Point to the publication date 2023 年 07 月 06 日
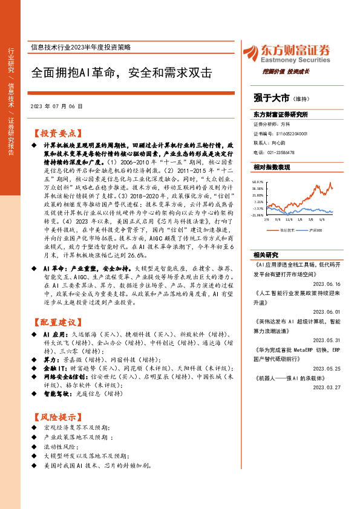point(56,106)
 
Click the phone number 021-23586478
point(283,152)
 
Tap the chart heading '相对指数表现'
point(272,166)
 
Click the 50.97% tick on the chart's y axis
point(258,181)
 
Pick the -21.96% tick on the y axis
point(258,215)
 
